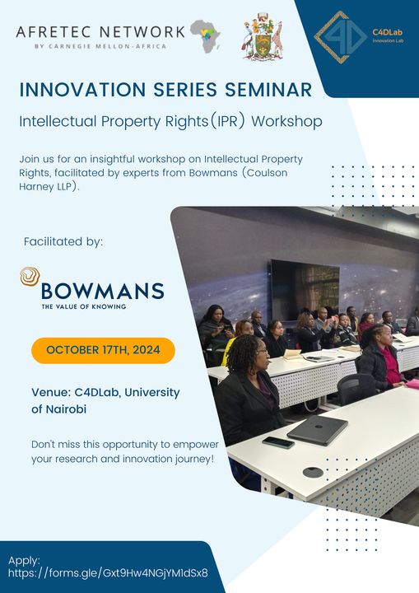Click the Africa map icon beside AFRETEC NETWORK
tap(205, 36)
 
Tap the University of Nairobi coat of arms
tap(263, 36)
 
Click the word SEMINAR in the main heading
tap(268, 90)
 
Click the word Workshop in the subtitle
tap(287, 121)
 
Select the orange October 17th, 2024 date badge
tap(103, 350)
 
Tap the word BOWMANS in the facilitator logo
tap(102, 292)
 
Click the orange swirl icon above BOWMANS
tap(30, 276)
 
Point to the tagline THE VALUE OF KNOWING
tap(84, 306)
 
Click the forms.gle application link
tap(108, 572)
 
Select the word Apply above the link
tap(24, 561)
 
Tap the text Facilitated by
tap(63, 241)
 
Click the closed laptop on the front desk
tap(317, 430)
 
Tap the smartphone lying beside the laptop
tap(278, 442)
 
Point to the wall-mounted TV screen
tap(305, 288)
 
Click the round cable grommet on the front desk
tap(313, 473)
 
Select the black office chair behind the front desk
tap(356, 389)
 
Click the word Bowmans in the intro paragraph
tap(213, 173)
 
